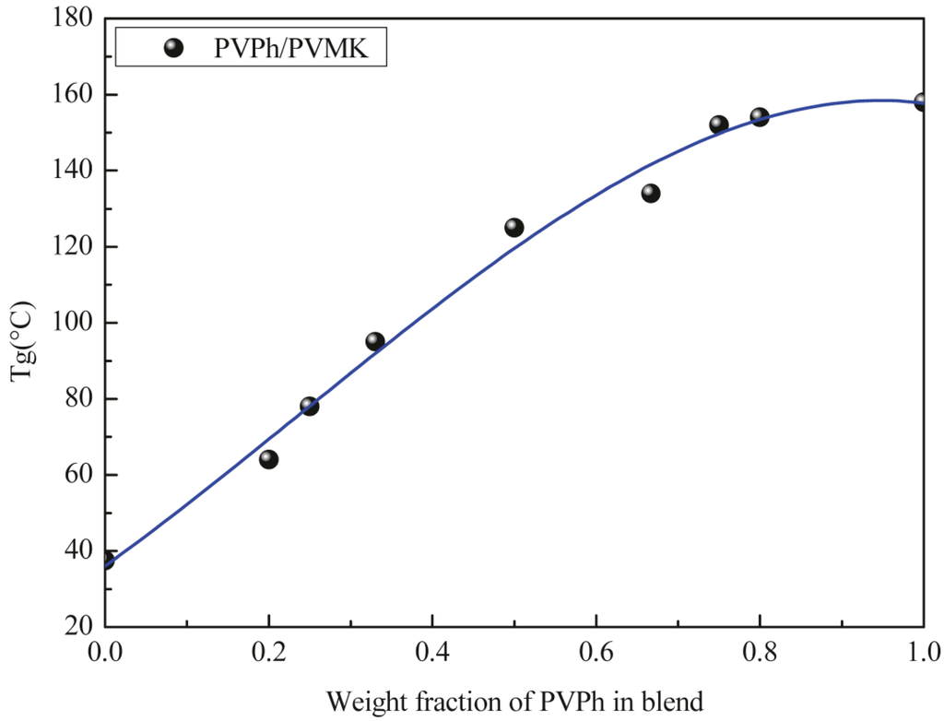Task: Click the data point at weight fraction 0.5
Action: pos(514,228)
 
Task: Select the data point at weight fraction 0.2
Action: pos(268,459)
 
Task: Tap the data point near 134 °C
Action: pos(651,193)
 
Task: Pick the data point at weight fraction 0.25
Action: pos(310,406)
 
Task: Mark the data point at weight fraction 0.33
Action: pos(375,341)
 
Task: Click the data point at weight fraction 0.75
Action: pos(719,124)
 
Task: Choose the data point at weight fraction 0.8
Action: pos(760,117)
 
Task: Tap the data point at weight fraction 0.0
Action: pos(106,560)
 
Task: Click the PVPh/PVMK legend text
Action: pos(291,49)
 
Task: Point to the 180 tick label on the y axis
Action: pos(73,19)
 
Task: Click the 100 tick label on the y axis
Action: pos(73,324)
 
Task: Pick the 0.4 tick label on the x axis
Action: pos(432,653)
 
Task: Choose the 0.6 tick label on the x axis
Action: pos(596,653)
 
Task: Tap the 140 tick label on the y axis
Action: pos(73,171)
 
